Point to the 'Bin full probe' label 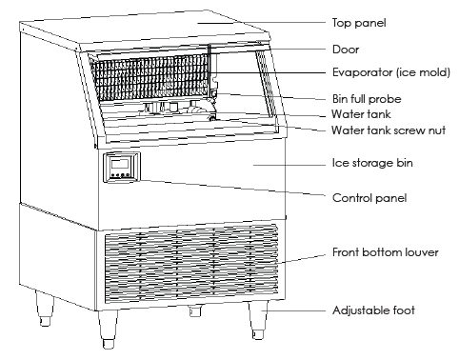coord(371,98)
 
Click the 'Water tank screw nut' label coord(386,130)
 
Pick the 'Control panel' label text coord(370,198)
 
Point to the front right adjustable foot coord(256,322)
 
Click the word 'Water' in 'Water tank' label coord(346,113)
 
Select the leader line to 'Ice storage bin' coord(286,162)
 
